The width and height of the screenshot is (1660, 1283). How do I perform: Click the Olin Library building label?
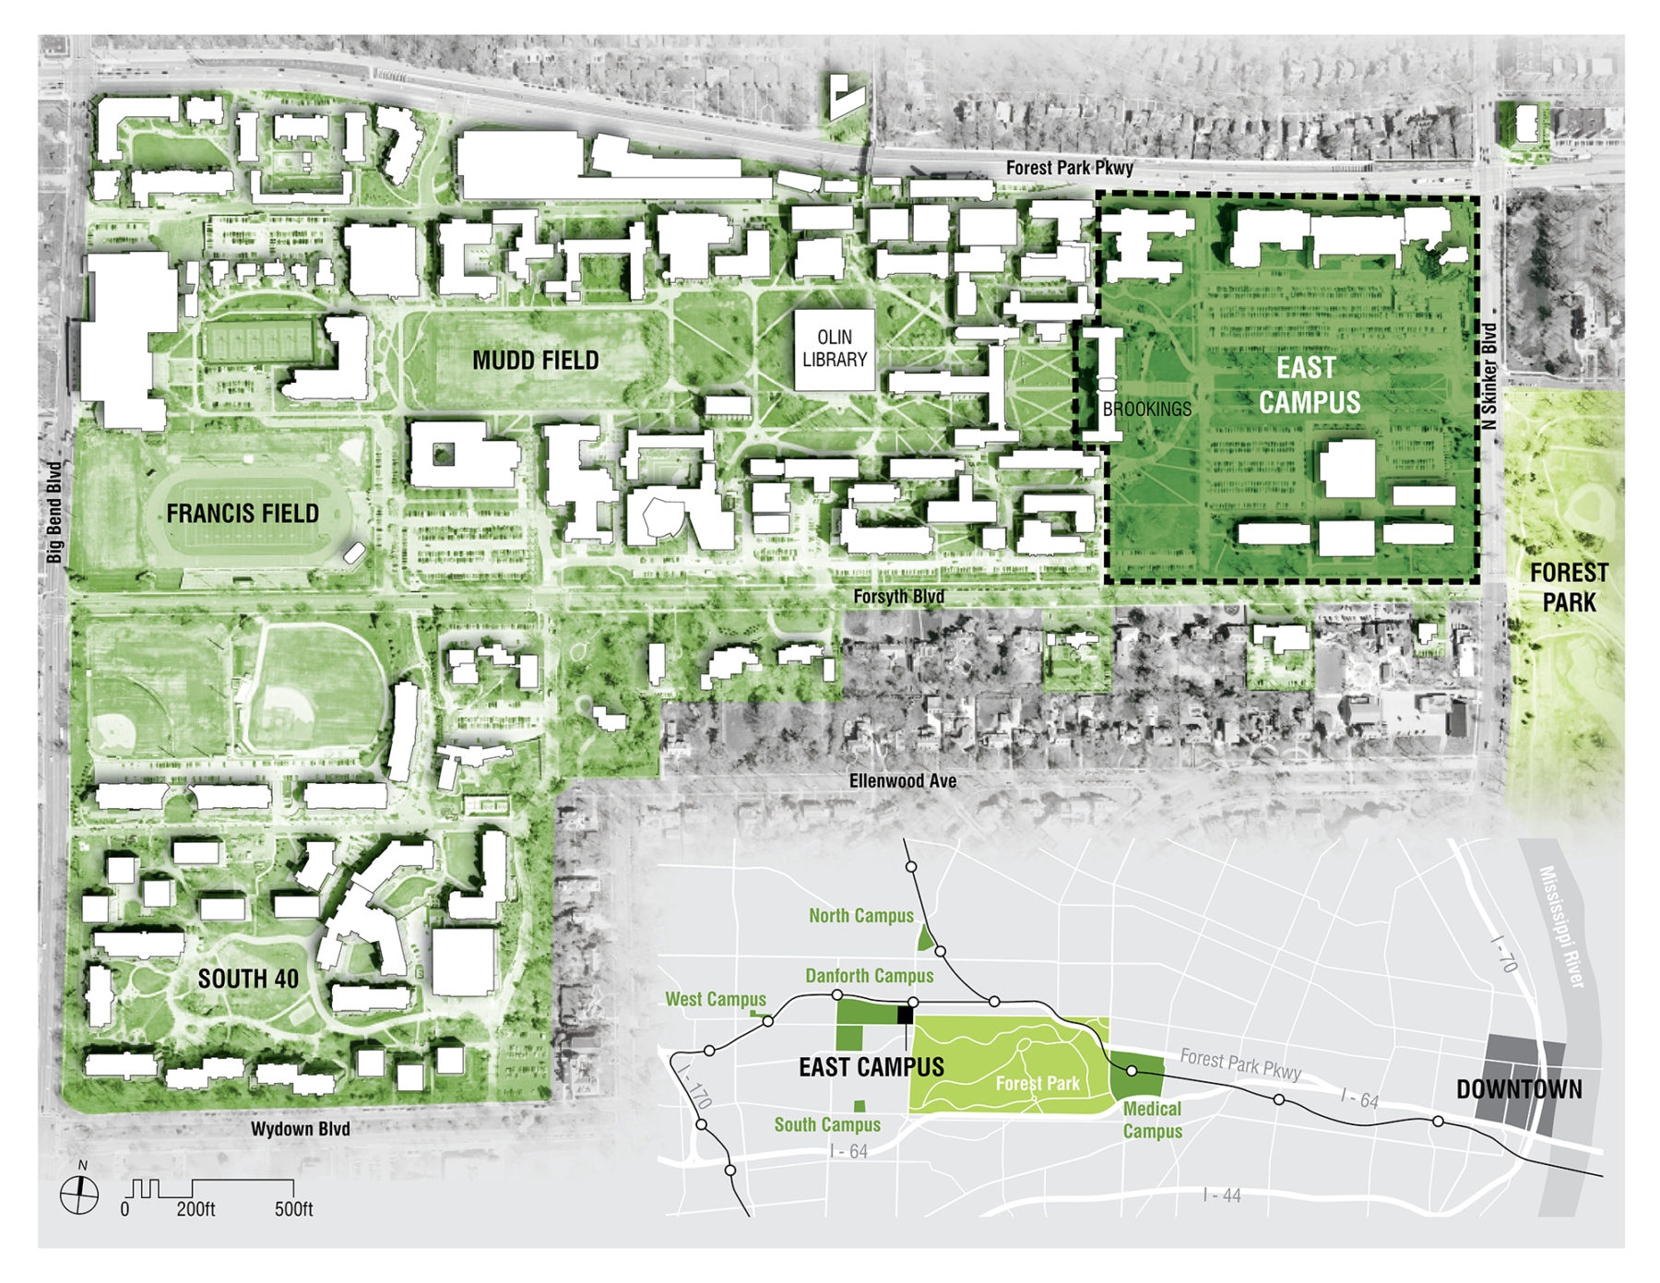click(x=834, y=349)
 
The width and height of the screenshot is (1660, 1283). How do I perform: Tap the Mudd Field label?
click(x=535, y=361)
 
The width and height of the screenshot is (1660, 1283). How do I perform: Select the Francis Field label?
click(x=243, y=514)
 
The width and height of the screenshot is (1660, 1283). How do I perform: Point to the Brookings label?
click(x=1146, y=409)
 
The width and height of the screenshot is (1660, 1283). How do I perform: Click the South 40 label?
click(x=248, y=979)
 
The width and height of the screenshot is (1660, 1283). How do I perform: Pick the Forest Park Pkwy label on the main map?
click(x=1069, y=168)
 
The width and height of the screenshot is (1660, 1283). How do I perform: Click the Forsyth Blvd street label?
click(x=898, y=597)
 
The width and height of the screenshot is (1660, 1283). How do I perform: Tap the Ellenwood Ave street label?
click(x=902, y=781)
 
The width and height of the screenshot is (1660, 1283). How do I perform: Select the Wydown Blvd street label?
click(x=301, y=1129)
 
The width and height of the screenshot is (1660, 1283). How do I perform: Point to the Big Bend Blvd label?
click(x=54, y=512)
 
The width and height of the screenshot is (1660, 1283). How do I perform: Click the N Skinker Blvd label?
click(x=1488, y=375)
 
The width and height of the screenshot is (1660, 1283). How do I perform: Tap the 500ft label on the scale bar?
click(x=293, y=1209)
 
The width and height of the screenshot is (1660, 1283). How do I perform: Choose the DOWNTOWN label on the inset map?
click(x=1518, y=1089)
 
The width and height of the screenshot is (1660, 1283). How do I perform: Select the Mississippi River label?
click(x=1561, y=926)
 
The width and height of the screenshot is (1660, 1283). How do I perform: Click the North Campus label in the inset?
click(x=860, y=916)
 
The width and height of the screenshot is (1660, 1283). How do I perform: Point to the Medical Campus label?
click(x=1152, y=1120)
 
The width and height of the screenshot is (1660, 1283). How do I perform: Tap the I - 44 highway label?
click(x=1222, y=1195)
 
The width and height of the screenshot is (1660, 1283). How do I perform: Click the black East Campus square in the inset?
click(x=906, y=1015)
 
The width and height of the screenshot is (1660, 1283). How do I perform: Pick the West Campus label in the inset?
click(x=716, y=999)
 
